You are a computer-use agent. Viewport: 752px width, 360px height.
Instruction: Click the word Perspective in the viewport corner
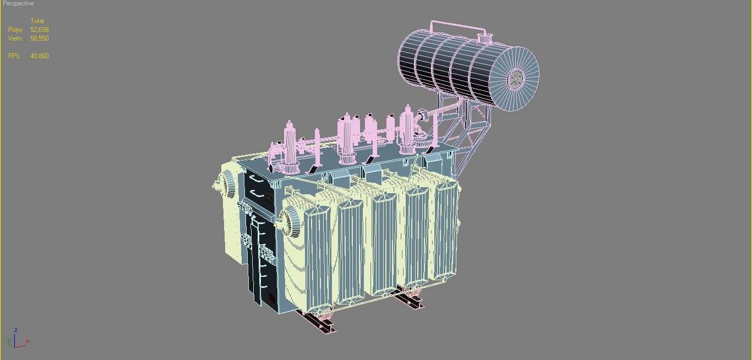coord(18,4)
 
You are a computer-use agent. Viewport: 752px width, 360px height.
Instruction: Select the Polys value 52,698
coord(40,30)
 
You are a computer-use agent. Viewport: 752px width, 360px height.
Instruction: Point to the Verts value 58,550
coord(40,39)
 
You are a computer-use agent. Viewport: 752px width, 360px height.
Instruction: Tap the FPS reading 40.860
coord(40,56)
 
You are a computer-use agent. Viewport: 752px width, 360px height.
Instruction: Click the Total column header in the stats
coord(37,21)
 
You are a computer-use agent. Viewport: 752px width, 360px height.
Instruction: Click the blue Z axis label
coord(15,330)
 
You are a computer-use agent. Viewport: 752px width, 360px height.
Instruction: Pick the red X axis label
coord(27,341)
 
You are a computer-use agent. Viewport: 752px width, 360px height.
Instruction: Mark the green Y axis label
coord(9,342)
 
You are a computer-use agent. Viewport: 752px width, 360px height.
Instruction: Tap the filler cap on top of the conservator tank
coord(484,39)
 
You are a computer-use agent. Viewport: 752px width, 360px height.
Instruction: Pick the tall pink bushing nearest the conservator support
coord(407,129)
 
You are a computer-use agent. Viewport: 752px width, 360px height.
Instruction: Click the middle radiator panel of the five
coord(383,242)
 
